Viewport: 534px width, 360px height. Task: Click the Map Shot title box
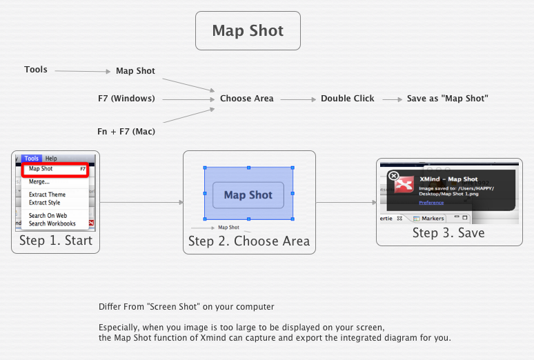tap(248, 30)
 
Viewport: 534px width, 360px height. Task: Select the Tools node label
tap(36, 70)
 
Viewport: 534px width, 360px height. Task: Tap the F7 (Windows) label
tap(126, 99)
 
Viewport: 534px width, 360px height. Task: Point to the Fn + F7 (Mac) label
tap(125, 131)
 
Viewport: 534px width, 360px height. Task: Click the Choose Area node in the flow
tap(246, 99)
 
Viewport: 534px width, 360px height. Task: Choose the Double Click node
tap(347, 99)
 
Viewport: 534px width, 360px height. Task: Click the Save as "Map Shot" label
tap(447, 99)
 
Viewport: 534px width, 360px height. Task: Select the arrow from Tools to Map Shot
tap(82, 70)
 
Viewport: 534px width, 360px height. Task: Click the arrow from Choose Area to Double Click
tap(297, 99)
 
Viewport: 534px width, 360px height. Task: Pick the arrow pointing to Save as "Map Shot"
tap(392, 99)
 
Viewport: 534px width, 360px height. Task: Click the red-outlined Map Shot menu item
tap(54, 169)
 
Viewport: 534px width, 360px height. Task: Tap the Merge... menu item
tap(39, 182)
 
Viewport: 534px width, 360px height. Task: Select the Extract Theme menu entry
tap(47, 194)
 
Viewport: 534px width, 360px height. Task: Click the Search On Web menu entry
tap(48, 216)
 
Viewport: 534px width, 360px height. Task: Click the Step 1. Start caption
tap(55, 241)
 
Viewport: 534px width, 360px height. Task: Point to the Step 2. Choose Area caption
tap(249, 241)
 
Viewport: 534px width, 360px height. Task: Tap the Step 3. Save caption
tap(448, 233)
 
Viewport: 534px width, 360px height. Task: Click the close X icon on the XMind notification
tap(393, 176)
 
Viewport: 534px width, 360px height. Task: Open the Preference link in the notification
tap(431, 203)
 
